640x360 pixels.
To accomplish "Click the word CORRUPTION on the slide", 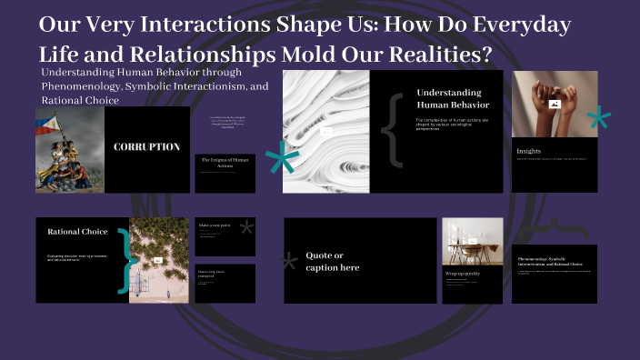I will (146, 146).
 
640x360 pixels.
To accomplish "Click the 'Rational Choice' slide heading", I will (77, 232).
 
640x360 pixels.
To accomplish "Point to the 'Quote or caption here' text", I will (333, 261).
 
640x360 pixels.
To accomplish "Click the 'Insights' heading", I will (529, 150).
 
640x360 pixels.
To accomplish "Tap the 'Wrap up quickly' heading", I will (463, 272).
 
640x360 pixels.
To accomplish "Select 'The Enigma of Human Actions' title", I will (225, 162).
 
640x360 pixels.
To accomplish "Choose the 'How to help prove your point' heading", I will (215, 274).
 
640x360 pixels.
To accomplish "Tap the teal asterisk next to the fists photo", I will (598, 119).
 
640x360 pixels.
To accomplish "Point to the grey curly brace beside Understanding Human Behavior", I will (394, 129).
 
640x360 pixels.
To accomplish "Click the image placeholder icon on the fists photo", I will (555, 104).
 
